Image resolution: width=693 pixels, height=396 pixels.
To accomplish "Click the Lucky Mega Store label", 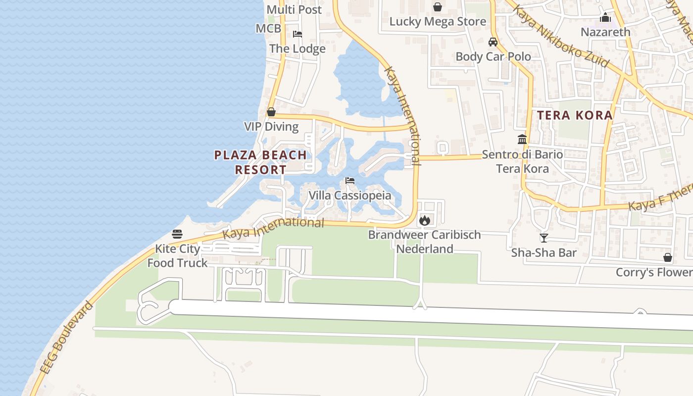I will click(x=438, y=22).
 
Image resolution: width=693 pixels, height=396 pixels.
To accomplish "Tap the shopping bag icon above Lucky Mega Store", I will click(x=438, y=7).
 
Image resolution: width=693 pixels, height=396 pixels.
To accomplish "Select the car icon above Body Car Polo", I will click(x=493, y=42).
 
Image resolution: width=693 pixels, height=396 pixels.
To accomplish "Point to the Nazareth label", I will click(x=605, y=32).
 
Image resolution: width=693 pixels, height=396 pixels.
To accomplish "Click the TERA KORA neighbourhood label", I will click(x=575, y=115).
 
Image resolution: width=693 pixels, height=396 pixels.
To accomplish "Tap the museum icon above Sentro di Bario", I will click(x=522, y=140).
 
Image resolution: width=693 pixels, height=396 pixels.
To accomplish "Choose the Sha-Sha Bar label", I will click(x=544, y=253).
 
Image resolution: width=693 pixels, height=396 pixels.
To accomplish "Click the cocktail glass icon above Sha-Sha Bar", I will click(x=544, y=238).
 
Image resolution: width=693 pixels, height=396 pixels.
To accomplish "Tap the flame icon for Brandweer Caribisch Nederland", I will click(x=425, y=220).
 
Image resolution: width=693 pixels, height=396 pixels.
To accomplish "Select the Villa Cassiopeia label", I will click(x=349, y=196).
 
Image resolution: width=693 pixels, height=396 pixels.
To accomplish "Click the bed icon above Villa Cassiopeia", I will click(x=350, y=181).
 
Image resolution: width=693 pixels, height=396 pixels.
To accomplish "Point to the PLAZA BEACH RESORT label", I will click(x=260, y=162).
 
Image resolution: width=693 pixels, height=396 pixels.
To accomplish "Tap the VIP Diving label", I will click(x=271, y=127).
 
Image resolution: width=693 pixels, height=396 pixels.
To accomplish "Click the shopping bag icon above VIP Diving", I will click(x=271, y=112).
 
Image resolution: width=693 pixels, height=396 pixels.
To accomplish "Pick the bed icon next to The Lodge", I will click(x=297, y=34).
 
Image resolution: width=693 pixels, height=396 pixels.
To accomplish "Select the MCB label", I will click(x=268, y=29).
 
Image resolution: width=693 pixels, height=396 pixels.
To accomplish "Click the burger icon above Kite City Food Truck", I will click(x=177, y=234).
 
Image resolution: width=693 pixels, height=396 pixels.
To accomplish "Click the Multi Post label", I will click(x=294, y=9).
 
